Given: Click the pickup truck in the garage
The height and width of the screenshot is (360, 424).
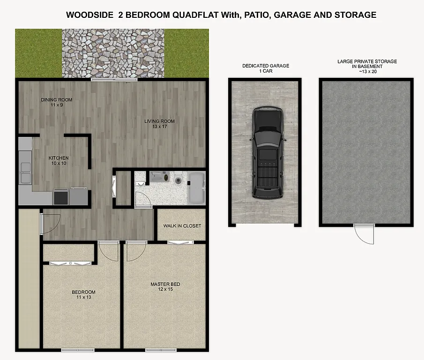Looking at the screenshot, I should pyautogui.click(x=268, y=152).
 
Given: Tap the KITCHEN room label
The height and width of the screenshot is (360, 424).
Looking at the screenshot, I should pyautogui.click(x=59, y=158).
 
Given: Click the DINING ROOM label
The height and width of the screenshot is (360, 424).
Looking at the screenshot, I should pyautogui.click(x=56, y=99).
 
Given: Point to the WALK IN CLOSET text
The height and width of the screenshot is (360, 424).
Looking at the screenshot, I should pyautogui.click(x=182, y=226).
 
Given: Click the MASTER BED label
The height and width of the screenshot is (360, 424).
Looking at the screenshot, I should pyautogui.click(x=165, y=284).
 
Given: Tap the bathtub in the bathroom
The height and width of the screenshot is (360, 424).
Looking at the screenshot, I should pyautogui.click(x=196, y=188).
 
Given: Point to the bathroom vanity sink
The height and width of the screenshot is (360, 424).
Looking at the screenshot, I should pyautogui.click(x=159, y=177).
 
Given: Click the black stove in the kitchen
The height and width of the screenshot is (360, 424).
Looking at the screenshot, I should pyautogui.click(x=61, y=197).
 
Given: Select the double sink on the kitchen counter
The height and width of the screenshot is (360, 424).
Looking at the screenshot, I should pyautogui.click(x=24, y=172).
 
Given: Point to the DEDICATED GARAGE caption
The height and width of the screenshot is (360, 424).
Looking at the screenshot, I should pyautogui.click(x=265, y=66).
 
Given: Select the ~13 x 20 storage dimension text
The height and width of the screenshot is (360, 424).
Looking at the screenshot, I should pyautogui.click(x=367, y=72).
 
